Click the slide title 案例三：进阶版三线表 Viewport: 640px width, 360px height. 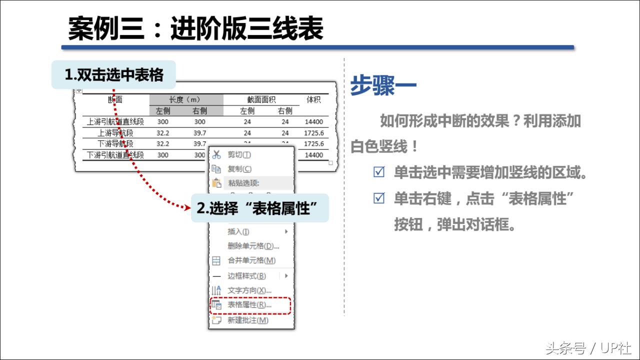click(195, 28)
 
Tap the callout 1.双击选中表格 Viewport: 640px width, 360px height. click(114, 75)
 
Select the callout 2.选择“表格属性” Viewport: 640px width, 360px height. click(259, 208)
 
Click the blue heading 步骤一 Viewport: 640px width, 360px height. click(383, 85)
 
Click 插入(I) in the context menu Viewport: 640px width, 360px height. click(238, 231)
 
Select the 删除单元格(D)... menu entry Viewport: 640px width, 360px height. click(253, 246)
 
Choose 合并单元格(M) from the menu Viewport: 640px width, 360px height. click(251, 260)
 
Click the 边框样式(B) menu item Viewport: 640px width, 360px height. click(246, 275)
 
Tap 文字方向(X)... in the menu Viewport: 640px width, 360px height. click(249, 290)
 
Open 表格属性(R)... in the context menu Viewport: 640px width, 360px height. click(249, 305)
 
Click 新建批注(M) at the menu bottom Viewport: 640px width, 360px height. click(247, 320)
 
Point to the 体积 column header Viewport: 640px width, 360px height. click(313, 100)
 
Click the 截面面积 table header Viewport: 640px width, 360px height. click(261, 99)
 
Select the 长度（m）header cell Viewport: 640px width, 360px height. click(185, 99)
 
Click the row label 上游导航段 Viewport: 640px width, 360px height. click(115, 132)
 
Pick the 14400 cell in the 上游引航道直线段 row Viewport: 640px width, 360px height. click(313, 121)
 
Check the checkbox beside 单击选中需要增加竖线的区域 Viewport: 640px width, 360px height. click(379, 173)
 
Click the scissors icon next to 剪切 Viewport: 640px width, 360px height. click(216, 155)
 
